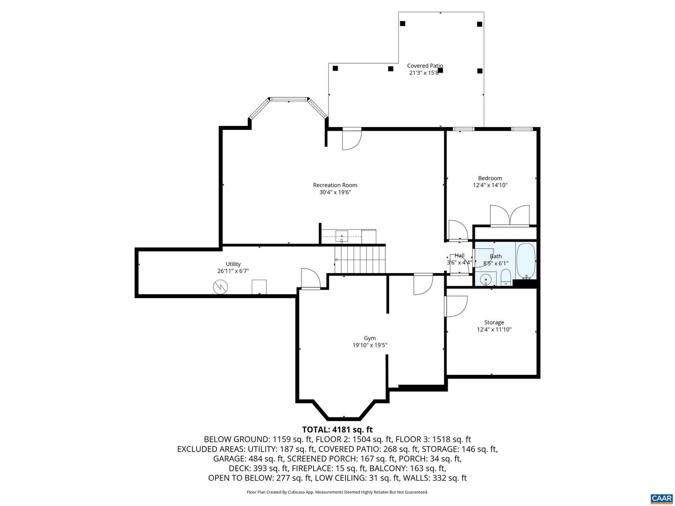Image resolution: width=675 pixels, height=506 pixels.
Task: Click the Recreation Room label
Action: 335,185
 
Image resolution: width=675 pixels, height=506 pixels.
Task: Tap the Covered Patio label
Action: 425,66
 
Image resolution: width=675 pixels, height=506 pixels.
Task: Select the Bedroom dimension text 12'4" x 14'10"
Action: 490,185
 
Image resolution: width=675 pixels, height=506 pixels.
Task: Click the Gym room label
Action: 370,338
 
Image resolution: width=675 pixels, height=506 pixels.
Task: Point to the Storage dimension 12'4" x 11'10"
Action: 494,329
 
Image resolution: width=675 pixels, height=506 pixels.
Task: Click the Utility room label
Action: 233,264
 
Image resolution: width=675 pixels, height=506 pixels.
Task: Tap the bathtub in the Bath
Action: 526,261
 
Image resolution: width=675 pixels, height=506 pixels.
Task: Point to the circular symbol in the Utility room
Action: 220,287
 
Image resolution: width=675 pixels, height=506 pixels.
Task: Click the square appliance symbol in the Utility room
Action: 259,286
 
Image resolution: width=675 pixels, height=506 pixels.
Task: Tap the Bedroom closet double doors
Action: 510,216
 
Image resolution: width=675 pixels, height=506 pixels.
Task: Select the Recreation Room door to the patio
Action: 352,139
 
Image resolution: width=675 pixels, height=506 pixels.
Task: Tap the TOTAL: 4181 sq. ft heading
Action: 337,429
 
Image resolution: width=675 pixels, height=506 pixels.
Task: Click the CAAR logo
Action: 661,498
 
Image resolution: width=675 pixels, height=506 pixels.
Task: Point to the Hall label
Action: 459,255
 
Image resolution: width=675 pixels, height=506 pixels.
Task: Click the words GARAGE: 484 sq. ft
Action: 248,459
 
